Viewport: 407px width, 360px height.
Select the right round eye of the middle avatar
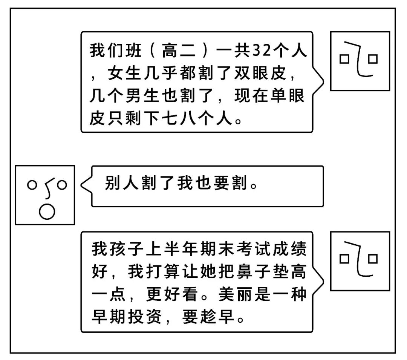tap(62, 185)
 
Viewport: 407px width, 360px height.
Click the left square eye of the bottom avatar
tap(344, 259)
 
